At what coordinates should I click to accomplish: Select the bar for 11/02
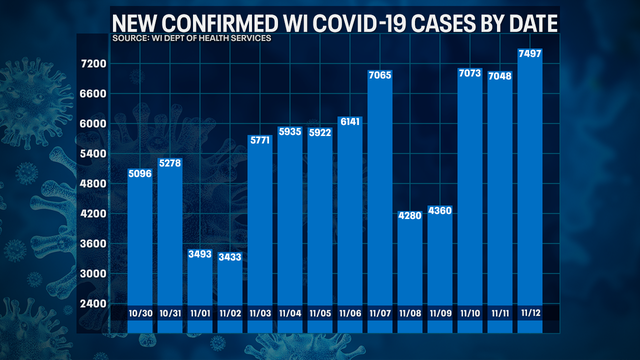click(230, 290)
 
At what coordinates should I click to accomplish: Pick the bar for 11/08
click(410, 265)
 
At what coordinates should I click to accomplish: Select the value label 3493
click(200, 253)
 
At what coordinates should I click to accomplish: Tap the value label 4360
click(440, 210)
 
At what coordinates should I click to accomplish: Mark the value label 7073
click(470, 74)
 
